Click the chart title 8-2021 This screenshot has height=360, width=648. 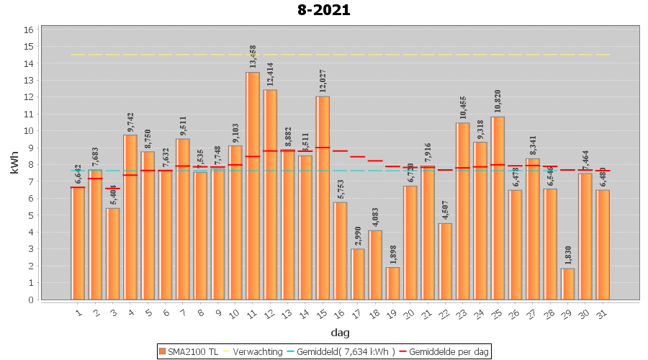point(324,10)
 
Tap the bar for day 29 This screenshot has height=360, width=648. point(568,284)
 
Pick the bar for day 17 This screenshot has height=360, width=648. point(358,274)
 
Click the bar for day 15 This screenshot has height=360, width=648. point(323,198)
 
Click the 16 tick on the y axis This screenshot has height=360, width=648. point(29,30)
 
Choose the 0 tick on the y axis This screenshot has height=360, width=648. point(29,300)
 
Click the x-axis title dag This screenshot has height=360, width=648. point(340,332)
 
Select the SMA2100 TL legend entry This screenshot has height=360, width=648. point(189,351)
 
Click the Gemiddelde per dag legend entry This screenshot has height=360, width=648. point(447,351)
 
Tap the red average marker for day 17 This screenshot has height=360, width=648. point(358,156)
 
